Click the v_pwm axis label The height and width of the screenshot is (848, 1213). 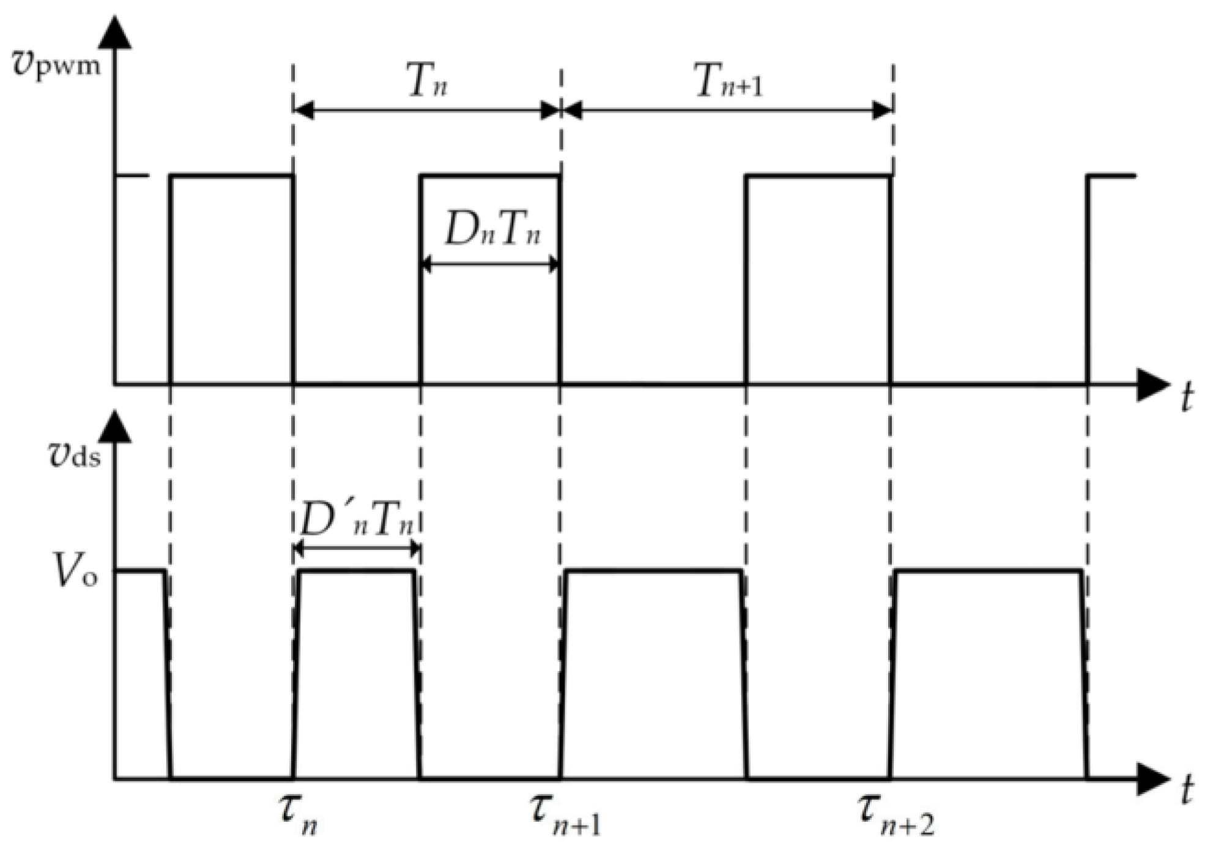pyautogui.click(x=56, y=62)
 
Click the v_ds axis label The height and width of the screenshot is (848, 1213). pyautogui.click(x=74, y=455)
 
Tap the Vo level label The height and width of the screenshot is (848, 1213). pyautogui.click(x=75, y=571)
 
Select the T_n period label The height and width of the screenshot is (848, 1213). pyautogui.click(x=427, y=81)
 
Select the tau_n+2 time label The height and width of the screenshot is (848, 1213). pyautogui.click(x=896, y=815)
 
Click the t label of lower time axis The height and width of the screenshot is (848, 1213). pyautogui.click(x=1187, y=790)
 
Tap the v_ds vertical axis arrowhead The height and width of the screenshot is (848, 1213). pyautogui.click(x=114, y=425)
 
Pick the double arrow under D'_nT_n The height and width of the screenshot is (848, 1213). pyautogui.click(x=357, y=548)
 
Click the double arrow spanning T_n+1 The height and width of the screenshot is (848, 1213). pyautogui.click(x=727, y=111)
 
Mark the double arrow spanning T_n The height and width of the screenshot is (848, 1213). pyautogui.click(x=427, y=111)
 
